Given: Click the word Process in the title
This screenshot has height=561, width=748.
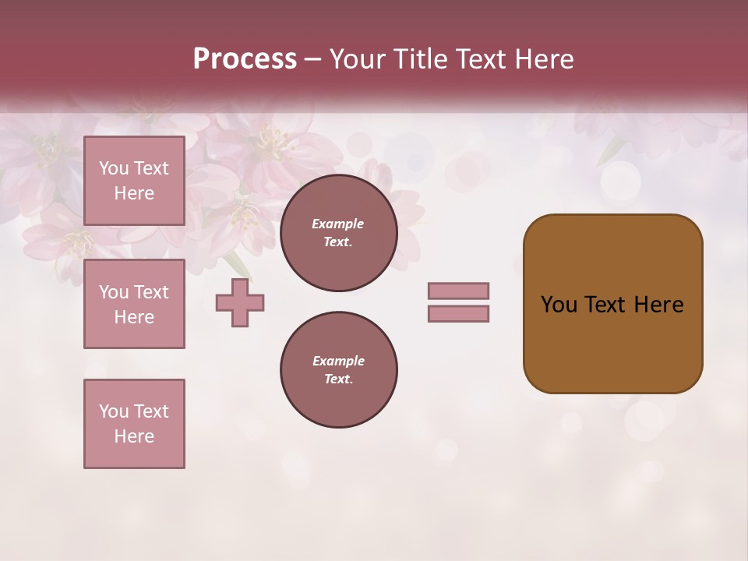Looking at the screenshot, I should (245, 59).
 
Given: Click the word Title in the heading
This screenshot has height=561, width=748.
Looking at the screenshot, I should (419, 59).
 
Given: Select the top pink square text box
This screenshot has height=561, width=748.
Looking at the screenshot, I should (134, 181).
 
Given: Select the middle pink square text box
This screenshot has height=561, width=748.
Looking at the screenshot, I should (134, 304).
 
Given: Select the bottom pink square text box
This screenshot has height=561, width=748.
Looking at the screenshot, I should (134, 424).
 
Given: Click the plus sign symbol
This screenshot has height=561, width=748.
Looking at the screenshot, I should (240, 303).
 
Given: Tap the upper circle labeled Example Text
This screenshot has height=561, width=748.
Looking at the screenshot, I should (338, 232).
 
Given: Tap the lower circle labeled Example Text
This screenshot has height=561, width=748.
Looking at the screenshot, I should (338, 369).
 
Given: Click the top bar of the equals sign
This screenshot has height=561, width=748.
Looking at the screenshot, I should (458, 291).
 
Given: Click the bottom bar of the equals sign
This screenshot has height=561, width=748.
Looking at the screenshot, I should (458, 314).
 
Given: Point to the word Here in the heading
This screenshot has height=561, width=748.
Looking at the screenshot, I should (544, 59).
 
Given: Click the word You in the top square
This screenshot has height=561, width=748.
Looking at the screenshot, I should (114, 168).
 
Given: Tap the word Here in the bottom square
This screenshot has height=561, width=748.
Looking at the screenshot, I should (134, 436).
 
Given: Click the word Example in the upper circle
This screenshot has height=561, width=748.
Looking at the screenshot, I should (337, 224).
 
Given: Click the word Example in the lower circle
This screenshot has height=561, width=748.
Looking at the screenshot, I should (338, 361).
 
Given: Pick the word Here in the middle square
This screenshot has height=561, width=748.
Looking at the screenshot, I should (134, 317).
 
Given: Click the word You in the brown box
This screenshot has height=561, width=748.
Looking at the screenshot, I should (558, 305).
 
